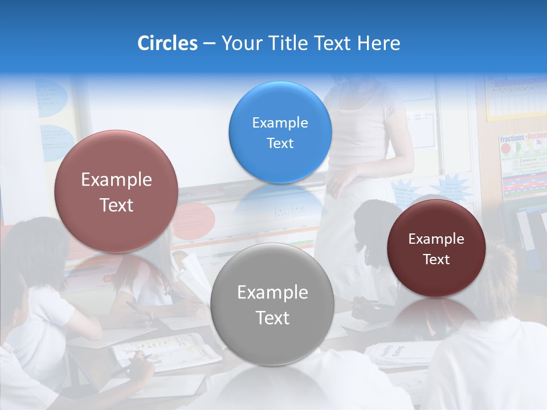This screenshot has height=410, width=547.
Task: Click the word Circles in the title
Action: [x=167, y=43]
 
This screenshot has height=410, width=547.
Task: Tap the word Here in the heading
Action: [x=379, y=43]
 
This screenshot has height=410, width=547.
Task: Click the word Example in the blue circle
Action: [x=280, y=123]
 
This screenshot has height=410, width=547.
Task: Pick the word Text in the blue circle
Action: [x=280, y=143]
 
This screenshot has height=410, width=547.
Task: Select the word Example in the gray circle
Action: [x=272, y=293]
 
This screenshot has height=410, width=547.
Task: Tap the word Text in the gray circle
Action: [x=272, y=318]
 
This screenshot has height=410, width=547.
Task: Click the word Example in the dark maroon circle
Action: [x=436, y=239]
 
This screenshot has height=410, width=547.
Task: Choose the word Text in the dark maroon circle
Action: [x=436, y=260]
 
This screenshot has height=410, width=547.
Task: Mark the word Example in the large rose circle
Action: [x=116, y=180]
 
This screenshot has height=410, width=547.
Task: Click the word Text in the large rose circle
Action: [x=116, y=206]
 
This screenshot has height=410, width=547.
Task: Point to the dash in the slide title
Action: [x=209, y=44]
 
